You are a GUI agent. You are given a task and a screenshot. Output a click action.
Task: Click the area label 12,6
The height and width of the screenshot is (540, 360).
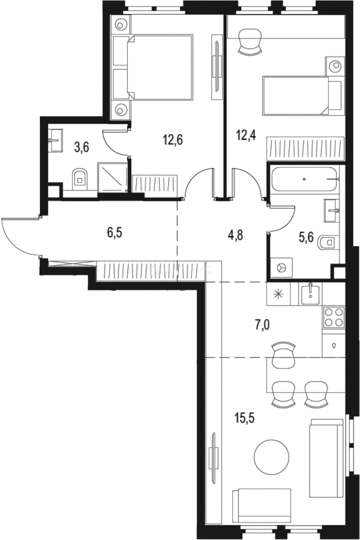click(x=172, y=140)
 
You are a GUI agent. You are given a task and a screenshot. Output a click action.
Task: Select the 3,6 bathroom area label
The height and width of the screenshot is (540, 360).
click(x=81, y=147)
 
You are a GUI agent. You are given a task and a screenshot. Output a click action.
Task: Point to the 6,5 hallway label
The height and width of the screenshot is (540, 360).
click(x=114, y=232)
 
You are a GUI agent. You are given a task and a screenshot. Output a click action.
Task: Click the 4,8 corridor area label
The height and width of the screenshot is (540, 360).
click(x=235, y=235)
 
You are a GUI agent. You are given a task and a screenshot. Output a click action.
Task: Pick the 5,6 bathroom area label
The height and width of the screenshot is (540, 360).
click(x=306, y=237)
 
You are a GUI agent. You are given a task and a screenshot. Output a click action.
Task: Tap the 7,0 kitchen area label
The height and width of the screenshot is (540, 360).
click(x=262, y=324)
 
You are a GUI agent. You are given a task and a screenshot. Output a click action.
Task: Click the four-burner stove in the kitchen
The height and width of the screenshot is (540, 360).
click(x=333, y=317)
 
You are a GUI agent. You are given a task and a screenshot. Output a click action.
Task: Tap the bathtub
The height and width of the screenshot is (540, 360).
click(x=304, y=179)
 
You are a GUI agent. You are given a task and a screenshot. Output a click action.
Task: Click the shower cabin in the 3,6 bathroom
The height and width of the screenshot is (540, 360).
click(x=112, y=177)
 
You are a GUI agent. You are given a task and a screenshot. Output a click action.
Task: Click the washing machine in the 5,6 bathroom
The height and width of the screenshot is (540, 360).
click(x=281, y=267)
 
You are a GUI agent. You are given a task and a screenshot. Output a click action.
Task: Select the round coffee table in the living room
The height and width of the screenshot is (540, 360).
click(x=271, y=456)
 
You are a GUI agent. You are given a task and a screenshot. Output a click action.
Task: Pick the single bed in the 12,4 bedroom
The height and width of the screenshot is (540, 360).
click(x=302, y=95)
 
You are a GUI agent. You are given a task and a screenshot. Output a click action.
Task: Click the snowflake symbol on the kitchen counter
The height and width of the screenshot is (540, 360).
click(x=278, y=294)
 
